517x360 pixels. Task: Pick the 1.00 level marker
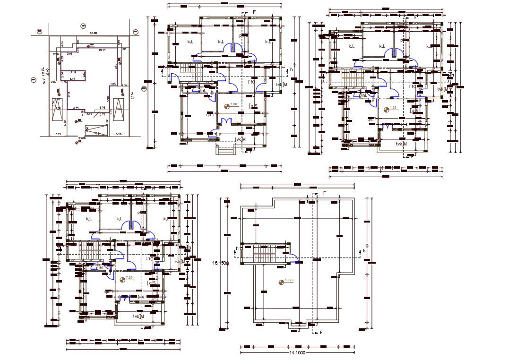click(233, 104)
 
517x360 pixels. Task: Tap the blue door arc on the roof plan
click(293, 257)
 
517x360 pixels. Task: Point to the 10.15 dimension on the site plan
click(102, 50)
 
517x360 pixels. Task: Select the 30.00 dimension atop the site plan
click(94, 33)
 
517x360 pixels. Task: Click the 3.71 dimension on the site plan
click(59, 135)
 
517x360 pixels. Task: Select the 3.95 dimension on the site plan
click(69, 54)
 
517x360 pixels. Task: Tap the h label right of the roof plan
click(364, 250)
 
